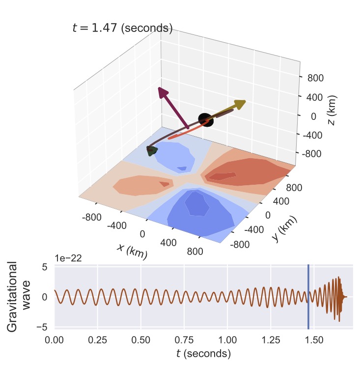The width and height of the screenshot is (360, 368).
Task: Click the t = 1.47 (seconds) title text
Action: coord(122,28)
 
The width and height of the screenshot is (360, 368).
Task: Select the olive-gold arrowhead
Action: coord(239,104)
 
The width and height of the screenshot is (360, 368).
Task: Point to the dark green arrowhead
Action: coord(152,151)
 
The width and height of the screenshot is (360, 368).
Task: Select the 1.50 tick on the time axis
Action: coord(314,340)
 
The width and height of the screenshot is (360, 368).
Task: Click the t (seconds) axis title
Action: coord(203,353)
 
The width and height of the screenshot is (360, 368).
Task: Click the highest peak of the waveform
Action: coord(339,278)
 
